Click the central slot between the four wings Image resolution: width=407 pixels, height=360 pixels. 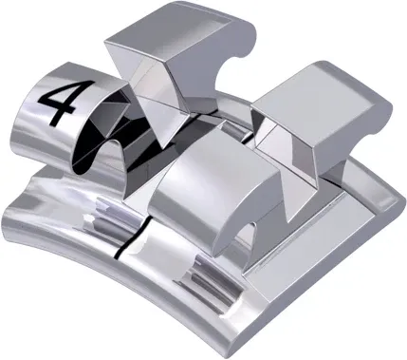tap(204, 133)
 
